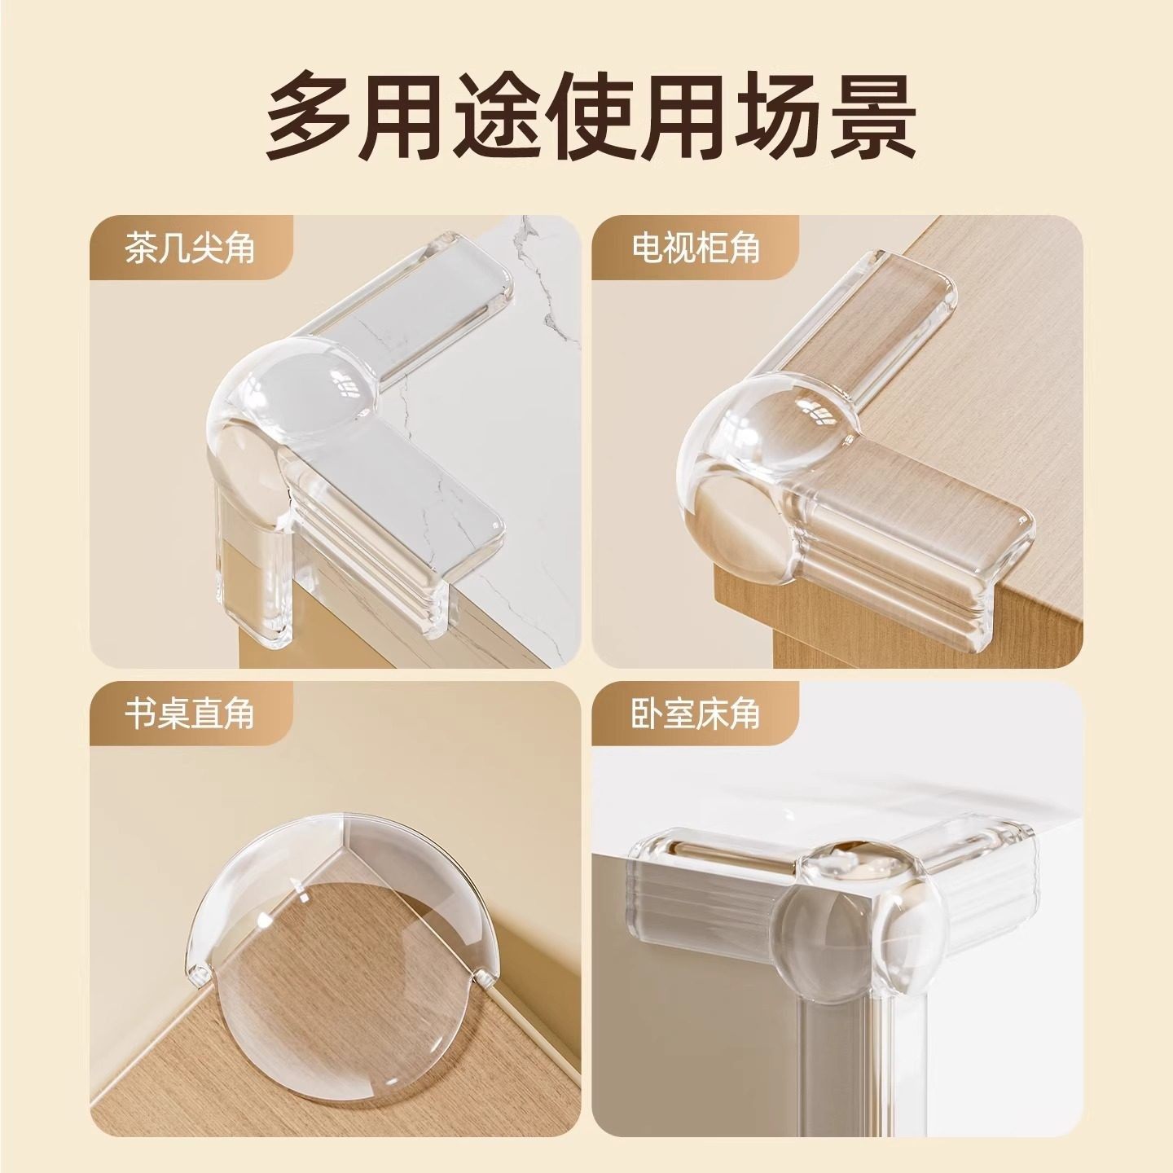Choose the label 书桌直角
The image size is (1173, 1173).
[x=189, y=714]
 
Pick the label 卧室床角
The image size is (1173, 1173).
[x=695, y=714]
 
